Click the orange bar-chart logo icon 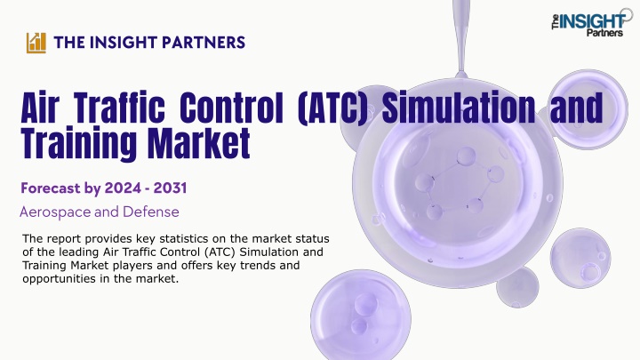coord(36,43)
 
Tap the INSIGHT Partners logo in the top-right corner coord(591,23)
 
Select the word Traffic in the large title coord(121,108)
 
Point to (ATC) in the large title coord(332,108)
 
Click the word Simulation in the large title coord(459,108)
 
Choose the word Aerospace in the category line coord(55,212)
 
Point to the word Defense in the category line coord(151,212)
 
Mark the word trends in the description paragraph coord(258,265)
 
